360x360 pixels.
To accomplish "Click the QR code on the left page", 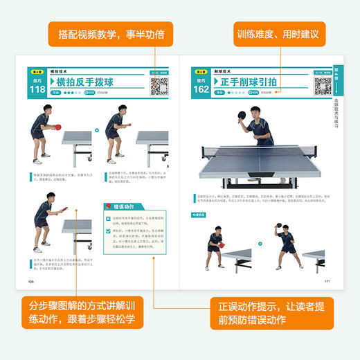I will pos(160,86).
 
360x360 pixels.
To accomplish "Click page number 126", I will pos(31,282).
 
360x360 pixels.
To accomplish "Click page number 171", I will pos(327,282).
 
